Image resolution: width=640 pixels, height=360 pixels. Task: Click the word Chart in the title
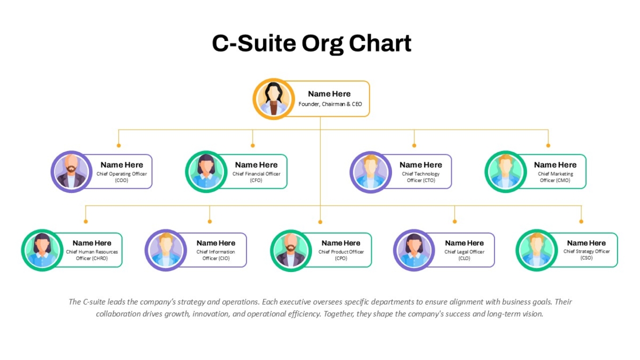point(380,43)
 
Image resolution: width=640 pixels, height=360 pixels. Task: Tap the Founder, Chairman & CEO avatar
point(274,99)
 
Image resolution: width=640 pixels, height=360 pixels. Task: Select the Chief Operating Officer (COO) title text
point(122,177)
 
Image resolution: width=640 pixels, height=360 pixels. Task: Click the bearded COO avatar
point(71,172)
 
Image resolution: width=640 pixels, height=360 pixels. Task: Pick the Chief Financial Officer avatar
point(206,172)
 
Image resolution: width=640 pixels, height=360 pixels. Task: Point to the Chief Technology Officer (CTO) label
point(421,177)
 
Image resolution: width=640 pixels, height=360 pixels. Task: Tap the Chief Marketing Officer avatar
point(506,172)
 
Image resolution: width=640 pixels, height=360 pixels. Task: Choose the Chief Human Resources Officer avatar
point(42,250)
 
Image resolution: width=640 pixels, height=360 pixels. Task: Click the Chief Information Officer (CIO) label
point(215,255)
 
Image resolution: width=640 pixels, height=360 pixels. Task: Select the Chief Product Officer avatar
point(291,250)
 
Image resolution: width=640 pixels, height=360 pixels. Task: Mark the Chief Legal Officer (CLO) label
point(465,255)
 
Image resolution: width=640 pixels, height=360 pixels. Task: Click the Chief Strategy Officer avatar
point(537,250)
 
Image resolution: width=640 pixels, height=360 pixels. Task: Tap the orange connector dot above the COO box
point(118,146)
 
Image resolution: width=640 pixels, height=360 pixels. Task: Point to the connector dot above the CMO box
point(548,146)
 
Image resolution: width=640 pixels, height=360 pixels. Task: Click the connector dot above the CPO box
point(320,222)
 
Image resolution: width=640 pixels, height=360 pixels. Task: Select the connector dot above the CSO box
point(581,222)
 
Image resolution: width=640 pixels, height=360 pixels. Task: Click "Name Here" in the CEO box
point(329,94)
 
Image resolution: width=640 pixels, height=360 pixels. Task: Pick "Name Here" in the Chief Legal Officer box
point(465,243)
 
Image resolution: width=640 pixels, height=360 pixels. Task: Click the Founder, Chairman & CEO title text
point(330,104)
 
